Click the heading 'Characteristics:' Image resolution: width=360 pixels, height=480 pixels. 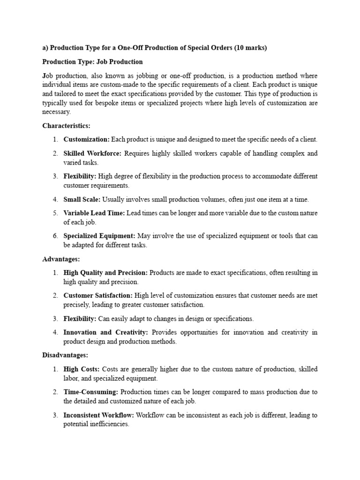[x=66, y=126]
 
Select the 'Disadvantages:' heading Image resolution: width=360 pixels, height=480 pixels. [x=65, y=355]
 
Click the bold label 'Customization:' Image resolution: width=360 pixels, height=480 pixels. [x=87, y=139]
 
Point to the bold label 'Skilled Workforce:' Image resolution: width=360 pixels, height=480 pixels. [x=92, y=153]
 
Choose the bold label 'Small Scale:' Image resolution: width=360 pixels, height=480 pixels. [x=82, y=199]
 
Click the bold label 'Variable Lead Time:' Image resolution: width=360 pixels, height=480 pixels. [x=94, y=213]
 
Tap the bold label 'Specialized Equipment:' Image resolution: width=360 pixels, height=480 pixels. [x=99, y=236]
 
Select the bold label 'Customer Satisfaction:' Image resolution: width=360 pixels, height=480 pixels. [x=98, y=295]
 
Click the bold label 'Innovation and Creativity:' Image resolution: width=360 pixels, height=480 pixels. [x=106, y=332]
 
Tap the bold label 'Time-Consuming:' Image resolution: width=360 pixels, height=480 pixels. [x=91, y=392]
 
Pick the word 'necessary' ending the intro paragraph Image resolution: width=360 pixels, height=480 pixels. [x=56, y=112]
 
